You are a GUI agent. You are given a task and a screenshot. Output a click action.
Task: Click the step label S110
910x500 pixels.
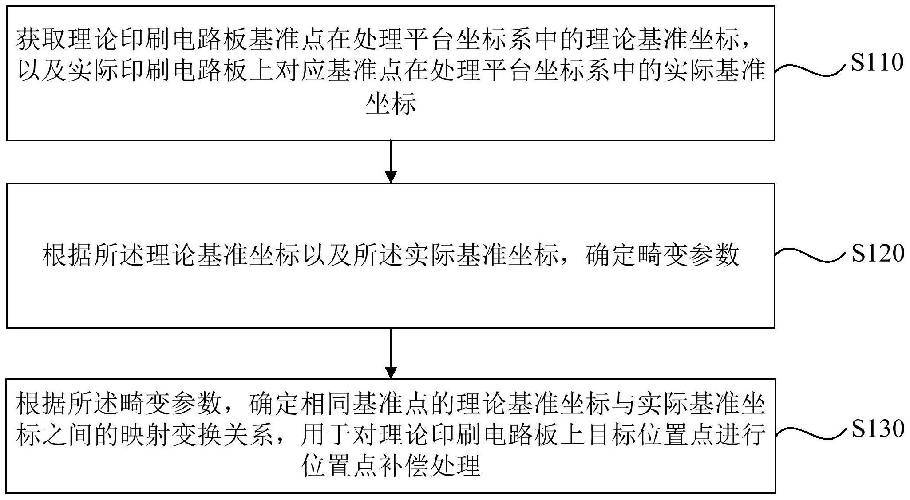(x=877, y=63)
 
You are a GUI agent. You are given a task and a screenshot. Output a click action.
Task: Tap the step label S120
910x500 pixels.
(x=877, y=254)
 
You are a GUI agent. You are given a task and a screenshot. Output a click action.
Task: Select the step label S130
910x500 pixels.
(x=877, y=429)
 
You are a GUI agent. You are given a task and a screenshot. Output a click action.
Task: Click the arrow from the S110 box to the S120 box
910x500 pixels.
(x=391, y=162)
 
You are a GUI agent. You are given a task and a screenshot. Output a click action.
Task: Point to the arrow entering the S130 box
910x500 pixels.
(x=391, y=353)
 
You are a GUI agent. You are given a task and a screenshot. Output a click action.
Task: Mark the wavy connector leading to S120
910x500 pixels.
(x=810, y=255)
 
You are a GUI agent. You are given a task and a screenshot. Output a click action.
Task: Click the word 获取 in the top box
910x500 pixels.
(x=42, y=40)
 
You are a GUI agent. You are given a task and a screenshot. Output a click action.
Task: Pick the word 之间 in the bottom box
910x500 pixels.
(x=67, y=434)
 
